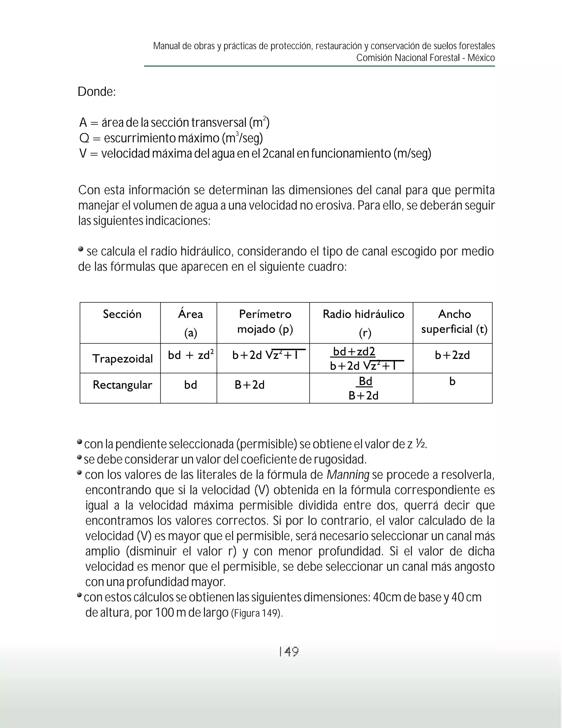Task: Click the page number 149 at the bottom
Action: pyautogui.click(x=289, y=651)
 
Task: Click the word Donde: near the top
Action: pyautogui.click(x=97, y=92)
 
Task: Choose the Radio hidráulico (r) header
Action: pyautogui.click(x=363, y=323)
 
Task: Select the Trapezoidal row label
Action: pyautogui.click(x=122, y=359)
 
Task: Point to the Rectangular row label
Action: pyautogui.click(x=122, y=385)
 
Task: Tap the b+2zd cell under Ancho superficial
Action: pyautogui.click(x=452, y=355)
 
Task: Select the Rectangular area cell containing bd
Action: pyautogui.click(x=190, y=385)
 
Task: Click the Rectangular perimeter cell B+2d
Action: pyautogui.click(x=249, y=385)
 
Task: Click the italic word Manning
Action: pyautogui.click(x=348, y=475)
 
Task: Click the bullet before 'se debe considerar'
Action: pyautogui.click(x=79, y=457)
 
